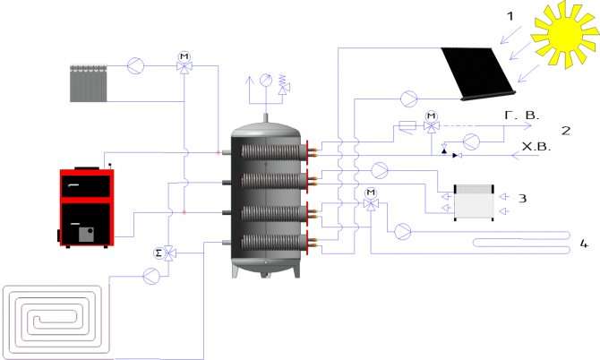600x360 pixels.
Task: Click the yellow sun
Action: (564, 34)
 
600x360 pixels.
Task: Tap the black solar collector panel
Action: (477, 73)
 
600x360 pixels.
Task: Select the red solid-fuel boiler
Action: (86, 207)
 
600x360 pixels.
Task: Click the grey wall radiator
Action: (89, 83)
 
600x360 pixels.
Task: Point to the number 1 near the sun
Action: (510, 16)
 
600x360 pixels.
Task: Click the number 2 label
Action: (566, 131)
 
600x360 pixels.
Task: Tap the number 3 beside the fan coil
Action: (522, 198)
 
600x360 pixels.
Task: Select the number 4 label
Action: (584, 244)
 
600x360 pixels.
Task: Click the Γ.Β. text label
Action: (521, 116)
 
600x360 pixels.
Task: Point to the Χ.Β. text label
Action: (536, 147)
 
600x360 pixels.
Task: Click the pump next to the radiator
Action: (135, 65)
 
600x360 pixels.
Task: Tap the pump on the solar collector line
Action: (409, 99)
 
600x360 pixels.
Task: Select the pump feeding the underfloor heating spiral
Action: (151, 276)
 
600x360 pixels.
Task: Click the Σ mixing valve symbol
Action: (165, 253)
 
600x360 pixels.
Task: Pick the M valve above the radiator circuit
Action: (184, 63)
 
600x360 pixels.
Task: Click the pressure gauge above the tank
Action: (266, 80)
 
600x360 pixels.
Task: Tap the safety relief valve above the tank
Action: (284, 84)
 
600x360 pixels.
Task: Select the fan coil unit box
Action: (474, 202)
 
